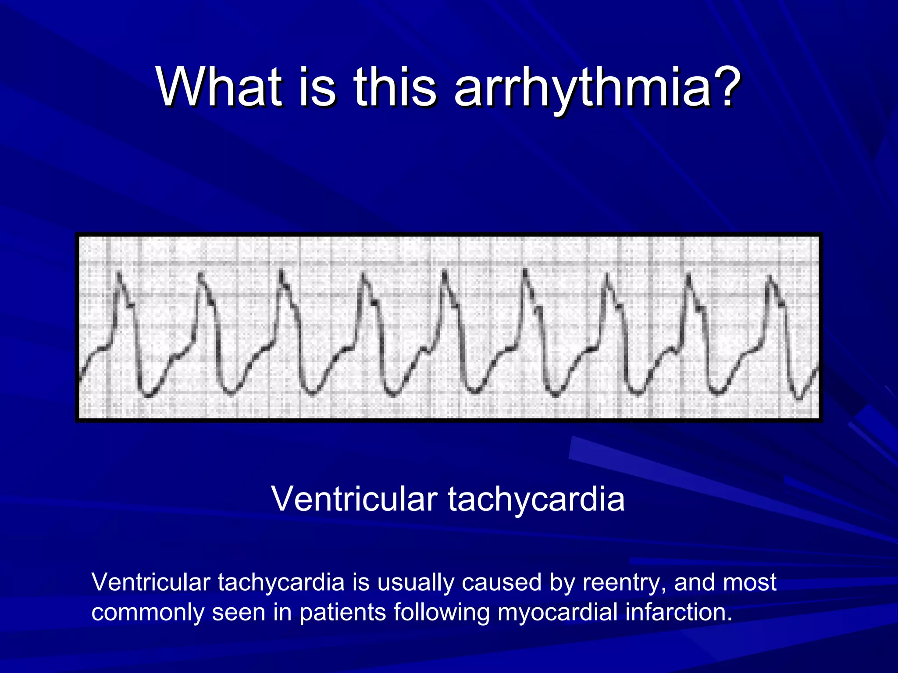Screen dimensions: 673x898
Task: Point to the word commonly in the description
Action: [x=147, y=613]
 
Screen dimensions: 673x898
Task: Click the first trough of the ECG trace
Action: [x=148, y=396]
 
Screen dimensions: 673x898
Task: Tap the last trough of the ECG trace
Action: [x=799, y=399]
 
